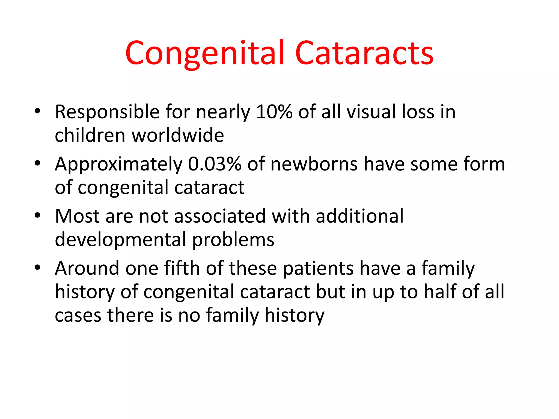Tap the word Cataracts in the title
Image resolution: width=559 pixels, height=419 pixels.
[364, 53]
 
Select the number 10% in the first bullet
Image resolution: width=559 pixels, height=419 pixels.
[274, 112]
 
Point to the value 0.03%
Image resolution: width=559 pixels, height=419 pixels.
[215, 164]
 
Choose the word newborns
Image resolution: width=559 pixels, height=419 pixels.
[314, 164]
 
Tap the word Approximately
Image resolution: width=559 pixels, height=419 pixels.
[118, 164]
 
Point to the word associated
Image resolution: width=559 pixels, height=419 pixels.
[220, 216]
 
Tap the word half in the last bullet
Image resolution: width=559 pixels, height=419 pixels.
[440, 292]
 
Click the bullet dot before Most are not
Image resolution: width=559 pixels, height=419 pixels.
[37, 216]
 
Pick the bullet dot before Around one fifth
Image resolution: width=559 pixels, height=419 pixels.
[37, 267]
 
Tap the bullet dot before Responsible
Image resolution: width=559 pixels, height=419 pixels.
[37, 111]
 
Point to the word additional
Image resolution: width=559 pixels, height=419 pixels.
[359, 216]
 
